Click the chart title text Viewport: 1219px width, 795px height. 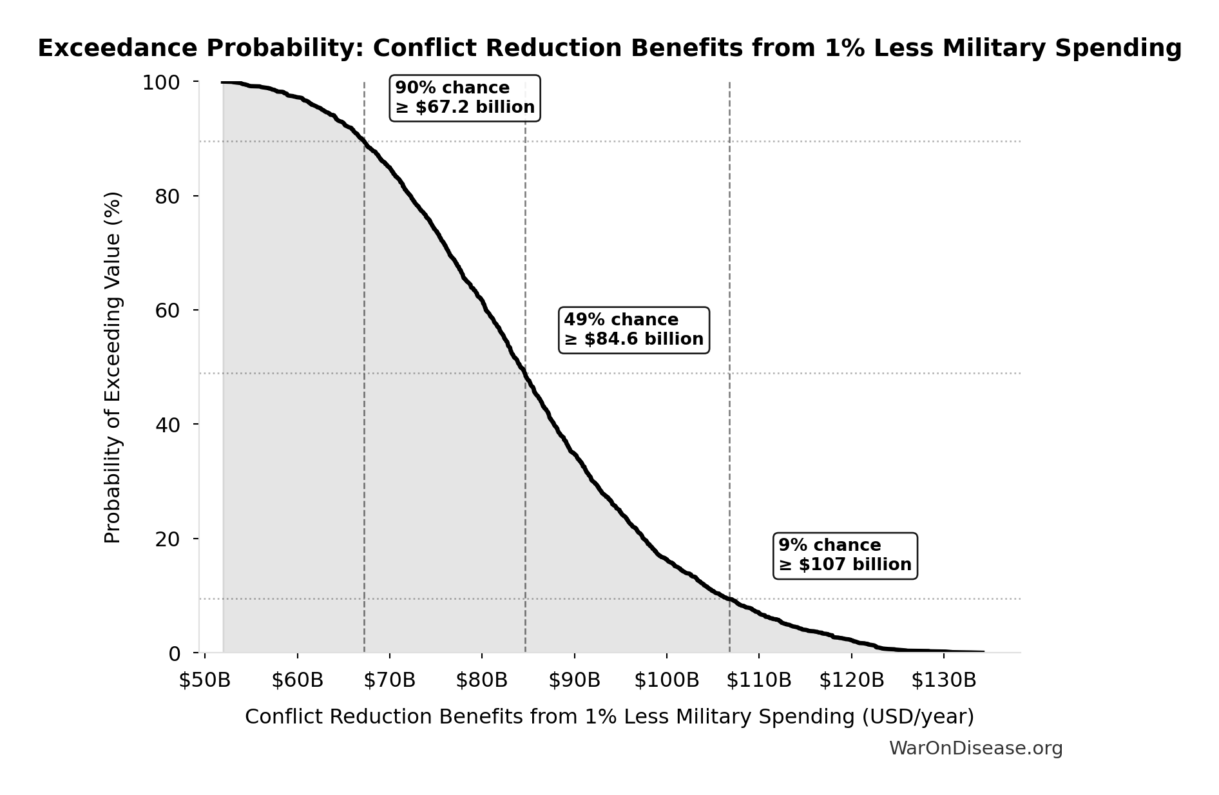point(609,48)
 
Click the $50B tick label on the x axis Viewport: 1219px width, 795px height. point(205,680)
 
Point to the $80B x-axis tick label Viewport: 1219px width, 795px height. point(482,680)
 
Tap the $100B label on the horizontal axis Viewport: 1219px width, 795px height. point(667,680)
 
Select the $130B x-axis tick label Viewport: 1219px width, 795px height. point(944,680)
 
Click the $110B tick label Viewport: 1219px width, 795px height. point(759,680)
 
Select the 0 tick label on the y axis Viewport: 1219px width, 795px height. point(175,653)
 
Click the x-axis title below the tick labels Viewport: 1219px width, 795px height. point(609,717)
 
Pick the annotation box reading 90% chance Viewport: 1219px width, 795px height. point(465,98)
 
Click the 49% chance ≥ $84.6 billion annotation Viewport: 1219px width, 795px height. point(634,330)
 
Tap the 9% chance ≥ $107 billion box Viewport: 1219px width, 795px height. point(845,555)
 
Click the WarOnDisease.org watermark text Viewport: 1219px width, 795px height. point(975,749)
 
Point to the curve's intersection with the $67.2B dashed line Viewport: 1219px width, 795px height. point(365,142)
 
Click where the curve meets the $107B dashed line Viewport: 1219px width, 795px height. point(729,599)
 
